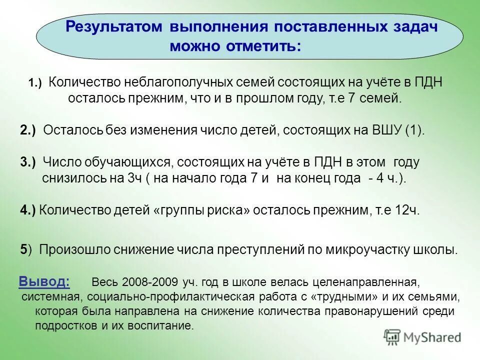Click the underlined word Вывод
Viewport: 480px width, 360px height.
tap(44, 281)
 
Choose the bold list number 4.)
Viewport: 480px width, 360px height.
tap(28, 210)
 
